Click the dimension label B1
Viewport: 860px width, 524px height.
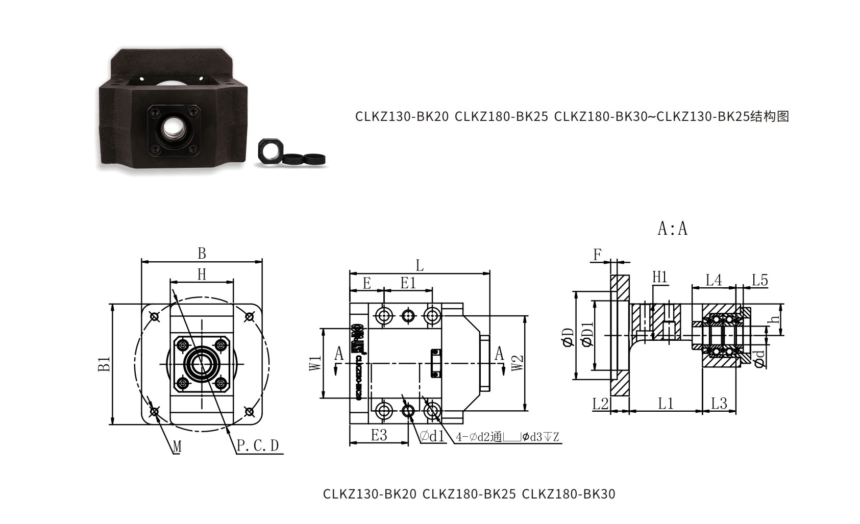(x=104, y=364)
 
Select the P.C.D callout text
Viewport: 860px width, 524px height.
(x=258, y=445)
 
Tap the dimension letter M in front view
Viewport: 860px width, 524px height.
(x=177, y=447)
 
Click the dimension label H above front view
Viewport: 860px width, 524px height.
(x=202, y=275)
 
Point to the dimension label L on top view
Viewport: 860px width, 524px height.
(x=420, y=265)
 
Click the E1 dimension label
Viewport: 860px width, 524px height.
(x=408, y=283)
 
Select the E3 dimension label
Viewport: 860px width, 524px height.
(x=379, y=435)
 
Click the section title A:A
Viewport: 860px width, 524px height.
(x=672, y=229)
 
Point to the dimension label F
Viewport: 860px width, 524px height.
(x=598, y=254)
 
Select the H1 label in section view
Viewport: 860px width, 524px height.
(x=660, y=277)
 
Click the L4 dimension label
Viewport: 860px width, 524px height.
(x=714, y=280)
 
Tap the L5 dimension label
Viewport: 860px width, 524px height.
(x=759, y=280)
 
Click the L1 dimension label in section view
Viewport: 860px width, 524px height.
(x=666, y=404)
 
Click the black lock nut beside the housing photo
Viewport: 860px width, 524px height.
(x=269, y=151)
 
